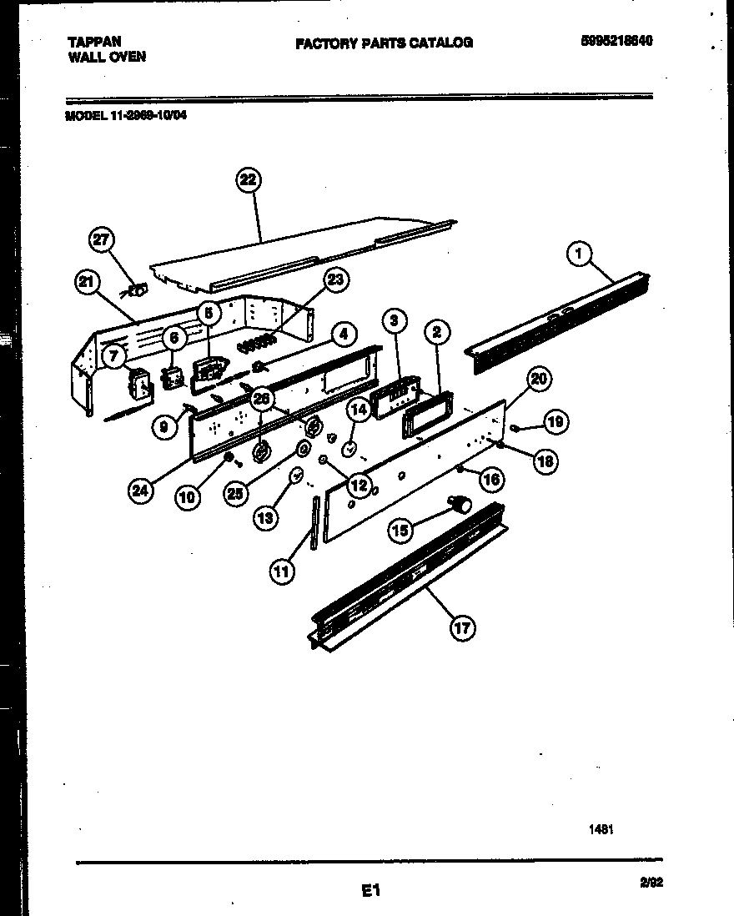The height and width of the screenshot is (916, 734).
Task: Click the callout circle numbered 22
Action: pos(248,180)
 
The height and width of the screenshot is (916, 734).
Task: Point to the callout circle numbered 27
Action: pos(101,241)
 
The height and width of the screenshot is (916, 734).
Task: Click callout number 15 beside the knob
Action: pos(401,530)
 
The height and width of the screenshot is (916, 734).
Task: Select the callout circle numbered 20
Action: pos(539,380)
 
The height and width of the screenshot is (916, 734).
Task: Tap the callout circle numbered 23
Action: pos(336,280)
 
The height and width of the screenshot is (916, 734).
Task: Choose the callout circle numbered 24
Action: pos(142,491)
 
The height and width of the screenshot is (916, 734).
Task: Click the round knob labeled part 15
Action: pos(460,503)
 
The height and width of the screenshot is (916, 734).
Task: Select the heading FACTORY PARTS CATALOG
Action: pos(384,43)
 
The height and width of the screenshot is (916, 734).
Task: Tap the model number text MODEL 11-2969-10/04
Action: pos(126,117)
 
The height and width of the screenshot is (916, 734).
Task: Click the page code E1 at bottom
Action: pos(370,891)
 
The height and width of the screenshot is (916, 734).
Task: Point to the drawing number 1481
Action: pos(600,829)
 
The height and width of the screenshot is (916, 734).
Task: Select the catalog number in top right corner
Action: pos(616,41)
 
